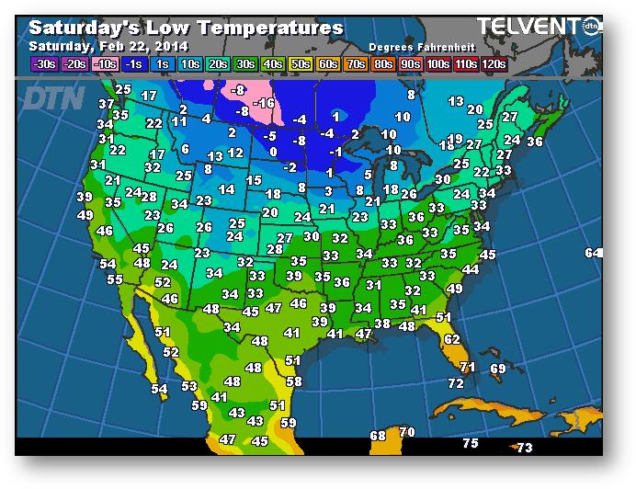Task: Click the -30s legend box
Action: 44,64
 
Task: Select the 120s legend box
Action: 494,64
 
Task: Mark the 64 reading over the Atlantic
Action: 593,253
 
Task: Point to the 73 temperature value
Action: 523,448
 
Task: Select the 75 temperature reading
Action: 471,443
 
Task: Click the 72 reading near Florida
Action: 456,382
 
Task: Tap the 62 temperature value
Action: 451,338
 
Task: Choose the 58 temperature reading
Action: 294,381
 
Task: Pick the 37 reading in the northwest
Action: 106,104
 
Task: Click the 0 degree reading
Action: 272,152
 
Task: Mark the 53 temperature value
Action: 189,386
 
